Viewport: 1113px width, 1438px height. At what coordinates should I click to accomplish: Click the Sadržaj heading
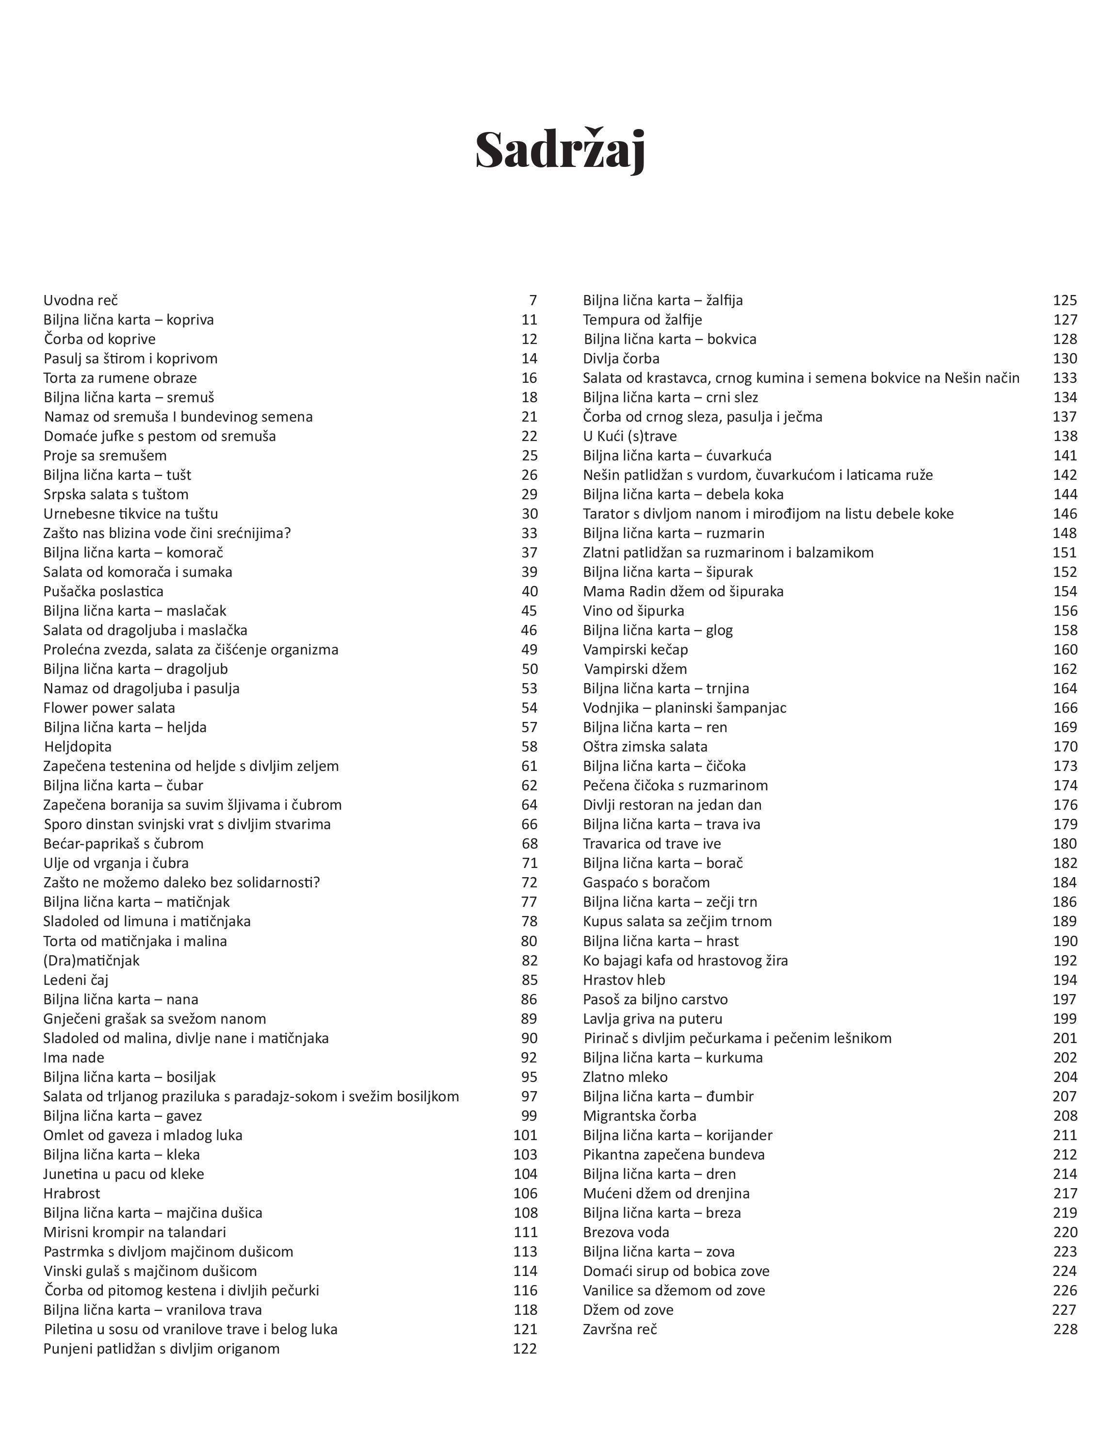[560, 151]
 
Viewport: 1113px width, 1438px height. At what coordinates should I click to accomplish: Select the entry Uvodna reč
[81, 300]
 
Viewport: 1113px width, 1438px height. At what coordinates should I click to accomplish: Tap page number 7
[532, 300]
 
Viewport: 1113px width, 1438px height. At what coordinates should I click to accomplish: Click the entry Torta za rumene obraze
[120, 378]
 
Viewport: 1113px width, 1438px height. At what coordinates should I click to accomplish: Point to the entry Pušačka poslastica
[103, 591]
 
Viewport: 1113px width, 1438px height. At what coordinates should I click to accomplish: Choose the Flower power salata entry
[109, 708]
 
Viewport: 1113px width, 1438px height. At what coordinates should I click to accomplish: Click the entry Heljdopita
[78, 747]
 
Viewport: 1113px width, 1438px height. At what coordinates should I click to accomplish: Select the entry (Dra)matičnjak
[92, 961]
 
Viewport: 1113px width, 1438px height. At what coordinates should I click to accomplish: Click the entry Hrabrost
[72, 1193]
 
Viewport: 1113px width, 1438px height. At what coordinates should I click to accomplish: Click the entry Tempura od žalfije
[643, 320]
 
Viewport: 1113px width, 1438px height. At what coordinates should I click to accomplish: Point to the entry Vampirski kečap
[635, 650]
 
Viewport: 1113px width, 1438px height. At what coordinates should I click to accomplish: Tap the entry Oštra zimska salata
[645, 747]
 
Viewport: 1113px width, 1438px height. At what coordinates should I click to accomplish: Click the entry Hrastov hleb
[624, 980]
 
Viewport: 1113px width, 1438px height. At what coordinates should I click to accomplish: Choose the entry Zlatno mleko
[625, 1077]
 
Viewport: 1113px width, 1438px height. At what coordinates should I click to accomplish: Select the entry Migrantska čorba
[639, 1116]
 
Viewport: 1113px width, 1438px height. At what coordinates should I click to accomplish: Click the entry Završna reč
[620, 1329]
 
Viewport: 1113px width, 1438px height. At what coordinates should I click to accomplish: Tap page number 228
[1065, 1329]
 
